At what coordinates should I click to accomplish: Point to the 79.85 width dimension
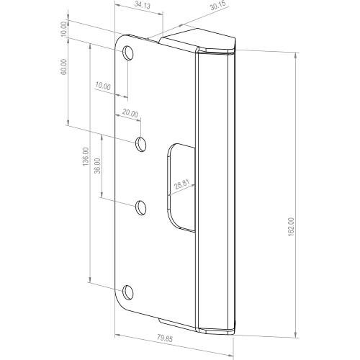click(166, 338)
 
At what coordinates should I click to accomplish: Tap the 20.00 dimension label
click(130, 113)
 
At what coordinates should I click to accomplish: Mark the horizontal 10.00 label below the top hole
click(102, 86)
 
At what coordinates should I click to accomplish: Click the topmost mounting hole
click(128, 53)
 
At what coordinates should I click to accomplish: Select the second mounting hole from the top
click(140, 144)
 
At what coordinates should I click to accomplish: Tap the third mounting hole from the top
click(140, 208)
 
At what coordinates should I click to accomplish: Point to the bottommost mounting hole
click(128, 292)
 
